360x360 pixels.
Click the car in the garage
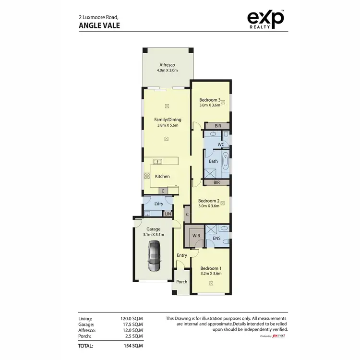[x=154, y=256]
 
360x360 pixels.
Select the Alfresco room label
[x=167, y=65]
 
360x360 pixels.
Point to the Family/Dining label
[x=168, y=120]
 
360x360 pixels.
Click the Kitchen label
[x=162, y=176]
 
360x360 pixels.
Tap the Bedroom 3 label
[x=210, y=100]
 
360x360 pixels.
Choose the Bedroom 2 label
[x=209, y=201]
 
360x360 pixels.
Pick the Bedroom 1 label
[x=210, y=268]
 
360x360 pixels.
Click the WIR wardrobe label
[x=195, y=236]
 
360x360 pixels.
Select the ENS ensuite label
[x=216, y=238]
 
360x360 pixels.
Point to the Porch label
[x=181, y=282]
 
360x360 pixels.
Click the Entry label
[x=181, y=255]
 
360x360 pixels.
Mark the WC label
[x=221, y=144]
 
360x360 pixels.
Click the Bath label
[x=213, y=161]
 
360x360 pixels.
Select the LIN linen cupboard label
[x=168, y=214]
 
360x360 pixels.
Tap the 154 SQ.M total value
[x=134, y=346]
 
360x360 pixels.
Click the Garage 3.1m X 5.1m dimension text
[x=154, y=235]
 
